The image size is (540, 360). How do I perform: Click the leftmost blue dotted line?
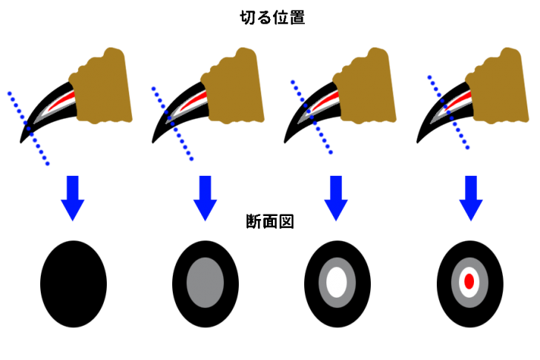(28, 128)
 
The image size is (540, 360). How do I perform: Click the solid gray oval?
(205, 283)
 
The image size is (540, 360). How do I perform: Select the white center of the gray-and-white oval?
(337, 283)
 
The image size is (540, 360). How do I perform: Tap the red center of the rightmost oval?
(469, 282)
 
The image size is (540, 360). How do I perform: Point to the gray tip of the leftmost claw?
(39, 118)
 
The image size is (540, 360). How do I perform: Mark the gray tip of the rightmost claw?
(435, 119)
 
